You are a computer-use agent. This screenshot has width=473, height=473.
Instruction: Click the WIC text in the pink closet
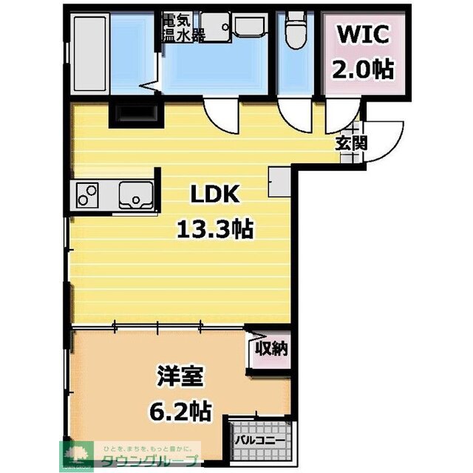(x=361, y=35)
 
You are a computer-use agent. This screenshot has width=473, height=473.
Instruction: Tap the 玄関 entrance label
(x=351, y=143)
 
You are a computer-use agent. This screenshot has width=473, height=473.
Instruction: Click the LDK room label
(x=214, y=194)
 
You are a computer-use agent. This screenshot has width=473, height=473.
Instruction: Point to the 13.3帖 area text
(x=214, y=229)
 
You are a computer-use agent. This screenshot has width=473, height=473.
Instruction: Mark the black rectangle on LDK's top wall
(x=133, y=114)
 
